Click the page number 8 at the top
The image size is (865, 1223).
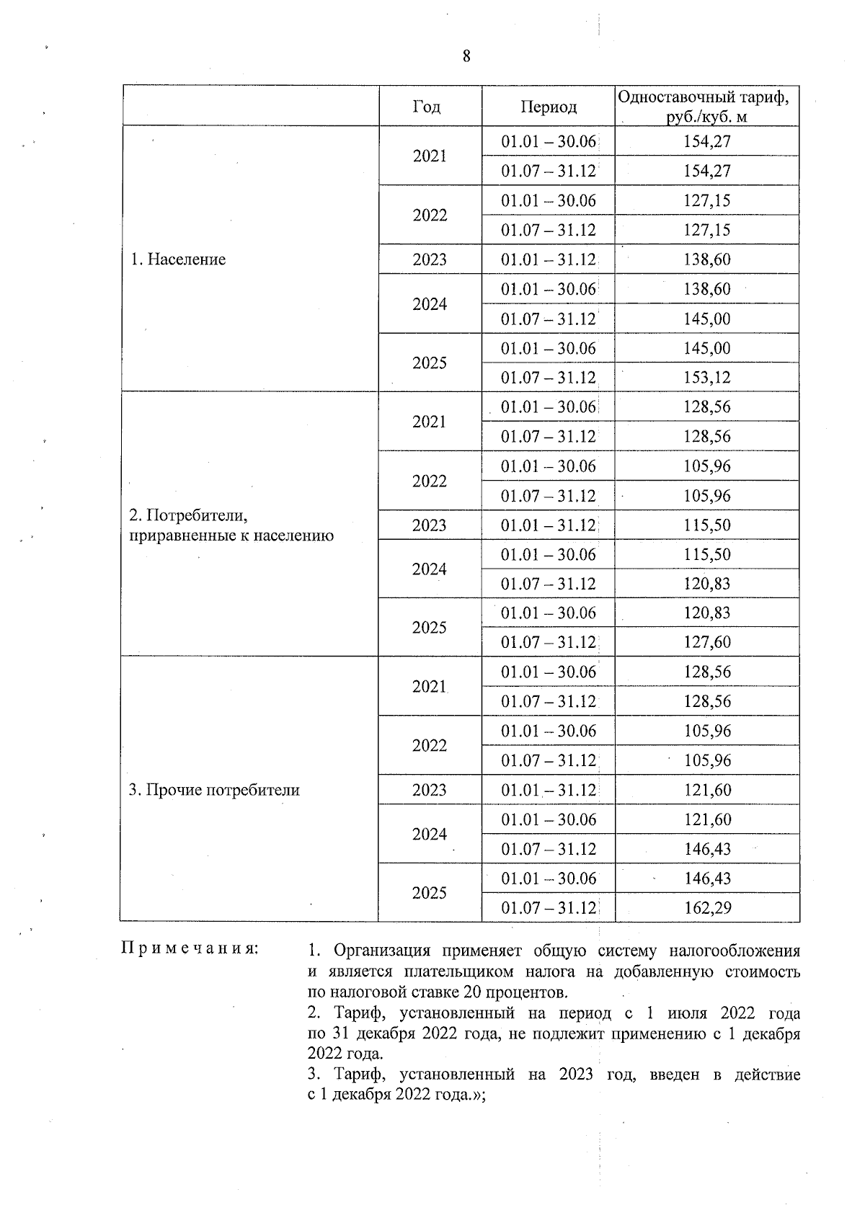point(466,56)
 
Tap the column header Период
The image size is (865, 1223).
point(549,107)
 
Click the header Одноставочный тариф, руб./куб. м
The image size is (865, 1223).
point(707,107)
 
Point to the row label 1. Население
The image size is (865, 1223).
point(178,259)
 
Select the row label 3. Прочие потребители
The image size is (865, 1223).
point(213,790)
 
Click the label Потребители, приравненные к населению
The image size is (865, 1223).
point(231,525)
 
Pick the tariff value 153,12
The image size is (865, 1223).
point(707,378)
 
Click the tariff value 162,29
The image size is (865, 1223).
point(707,908)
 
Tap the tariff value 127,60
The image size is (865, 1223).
point(707,642)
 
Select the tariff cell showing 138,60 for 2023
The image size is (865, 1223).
point(707,259)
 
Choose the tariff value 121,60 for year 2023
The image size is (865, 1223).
point(707,790)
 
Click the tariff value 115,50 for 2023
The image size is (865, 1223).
point(707,525)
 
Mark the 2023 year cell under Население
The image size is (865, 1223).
point(430,259)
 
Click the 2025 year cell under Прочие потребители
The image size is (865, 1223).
point(430,893)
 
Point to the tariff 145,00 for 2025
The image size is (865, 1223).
point(707,349)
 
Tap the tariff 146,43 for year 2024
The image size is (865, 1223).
point(707,849)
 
